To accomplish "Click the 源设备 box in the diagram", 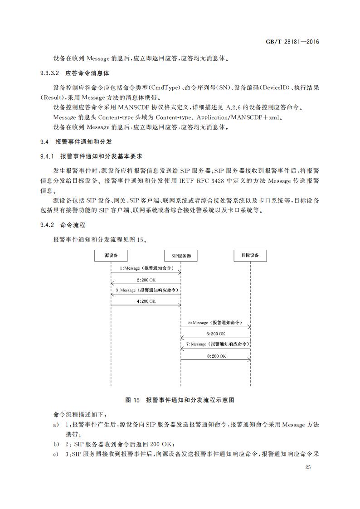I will [x=111, y=256].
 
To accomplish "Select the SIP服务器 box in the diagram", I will [x=181, y=256].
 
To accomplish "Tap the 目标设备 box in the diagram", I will [x=250, y=256].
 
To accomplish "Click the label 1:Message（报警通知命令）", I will [x=146, y=268].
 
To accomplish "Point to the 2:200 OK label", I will [x=146, y=280].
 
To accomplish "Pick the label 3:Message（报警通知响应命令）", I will [x=146, y=290].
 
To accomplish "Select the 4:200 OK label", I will [x=146, y=301].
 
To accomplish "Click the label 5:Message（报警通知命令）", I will [x=216, y=323].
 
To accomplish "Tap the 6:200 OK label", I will [x=216, y=334].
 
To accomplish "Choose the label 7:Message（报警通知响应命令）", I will [x=216, y=344].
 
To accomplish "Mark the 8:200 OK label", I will [x=216, y=356].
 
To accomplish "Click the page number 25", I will [x=308, y=467].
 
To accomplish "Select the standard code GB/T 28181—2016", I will [x=292, y=42].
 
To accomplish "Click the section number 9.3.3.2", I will [x=50, y=73].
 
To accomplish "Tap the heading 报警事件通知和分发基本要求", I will [x=102, y=156].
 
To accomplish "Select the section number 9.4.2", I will [x=47, y=225].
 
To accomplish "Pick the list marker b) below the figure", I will [x=56, y=444].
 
